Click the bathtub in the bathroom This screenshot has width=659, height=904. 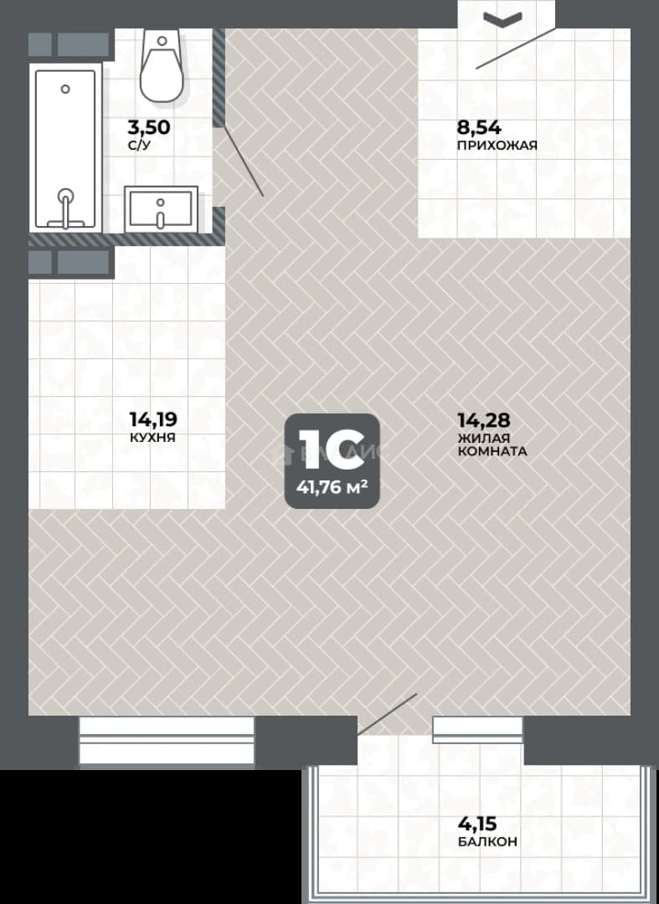click(x=65, y=149)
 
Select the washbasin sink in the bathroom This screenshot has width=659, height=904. click(x=161, y=209)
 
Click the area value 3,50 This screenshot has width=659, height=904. click(x=149, y=127)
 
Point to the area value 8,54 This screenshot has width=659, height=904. click(x=479, y=127)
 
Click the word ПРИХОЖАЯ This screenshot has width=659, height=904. click(x=497, y=146)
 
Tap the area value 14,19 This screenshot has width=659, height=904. click(x=152, y=419)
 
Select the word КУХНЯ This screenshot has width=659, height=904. click(x=152, y=438)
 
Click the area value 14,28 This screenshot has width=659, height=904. click(x=484, y=419)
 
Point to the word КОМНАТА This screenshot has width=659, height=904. click(x=492, y=451)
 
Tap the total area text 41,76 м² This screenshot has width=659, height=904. click(x=332, y=488)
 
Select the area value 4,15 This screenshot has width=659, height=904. click(x=477, y=824)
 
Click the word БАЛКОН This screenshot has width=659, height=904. click(x=488, y=842)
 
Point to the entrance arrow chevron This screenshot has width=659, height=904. click(x=502, y=19)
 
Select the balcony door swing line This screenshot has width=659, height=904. click(x=387, y=714)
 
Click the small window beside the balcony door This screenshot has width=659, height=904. click(x=478, y=730)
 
